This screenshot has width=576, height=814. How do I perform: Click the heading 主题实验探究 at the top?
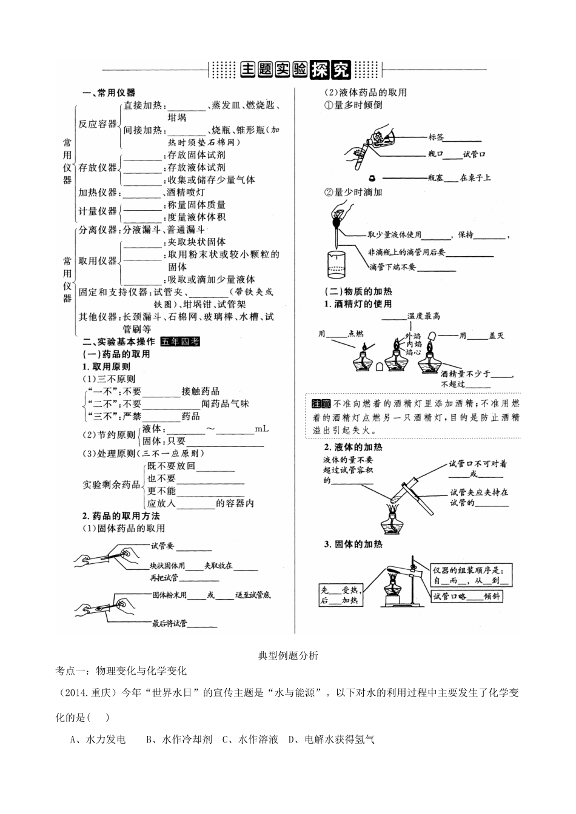(295, 70)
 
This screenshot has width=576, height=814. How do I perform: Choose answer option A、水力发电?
(98, 740)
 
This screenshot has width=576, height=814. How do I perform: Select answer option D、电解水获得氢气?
(331, 740)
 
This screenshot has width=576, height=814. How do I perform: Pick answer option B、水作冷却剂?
(179, 740)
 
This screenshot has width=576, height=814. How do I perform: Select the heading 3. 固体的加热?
(353, 544)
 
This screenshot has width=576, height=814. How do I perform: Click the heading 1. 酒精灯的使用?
(357, 304)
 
